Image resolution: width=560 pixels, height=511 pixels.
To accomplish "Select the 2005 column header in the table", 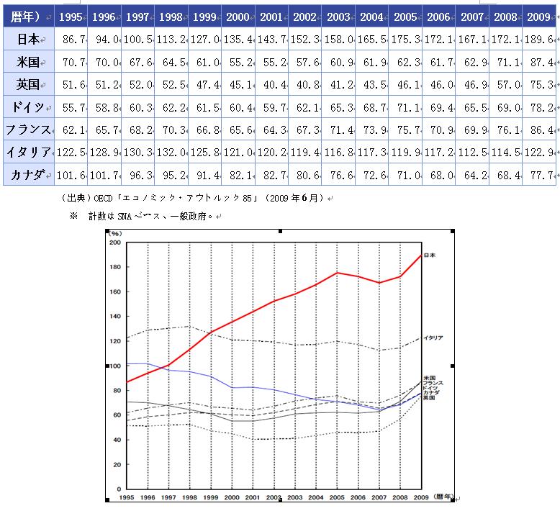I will coord(405,16).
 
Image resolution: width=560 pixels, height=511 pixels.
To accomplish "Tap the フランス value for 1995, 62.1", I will coord(69,130).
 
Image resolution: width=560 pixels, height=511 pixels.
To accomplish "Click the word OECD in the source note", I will coord(94,198).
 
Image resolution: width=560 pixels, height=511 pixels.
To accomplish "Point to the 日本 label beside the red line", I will coord(430,256).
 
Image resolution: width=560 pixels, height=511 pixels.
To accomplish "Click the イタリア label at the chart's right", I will coord(433,338).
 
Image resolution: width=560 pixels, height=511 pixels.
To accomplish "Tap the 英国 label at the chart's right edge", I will coord(430,398).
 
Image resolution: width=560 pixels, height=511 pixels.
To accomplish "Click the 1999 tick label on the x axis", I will coord(210,497).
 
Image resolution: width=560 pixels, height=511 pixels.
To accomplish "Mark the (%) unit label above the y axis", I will coord(114,233).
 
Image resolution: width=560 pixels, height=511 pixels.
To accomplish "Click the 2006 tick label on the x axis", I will coord(357,497).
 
